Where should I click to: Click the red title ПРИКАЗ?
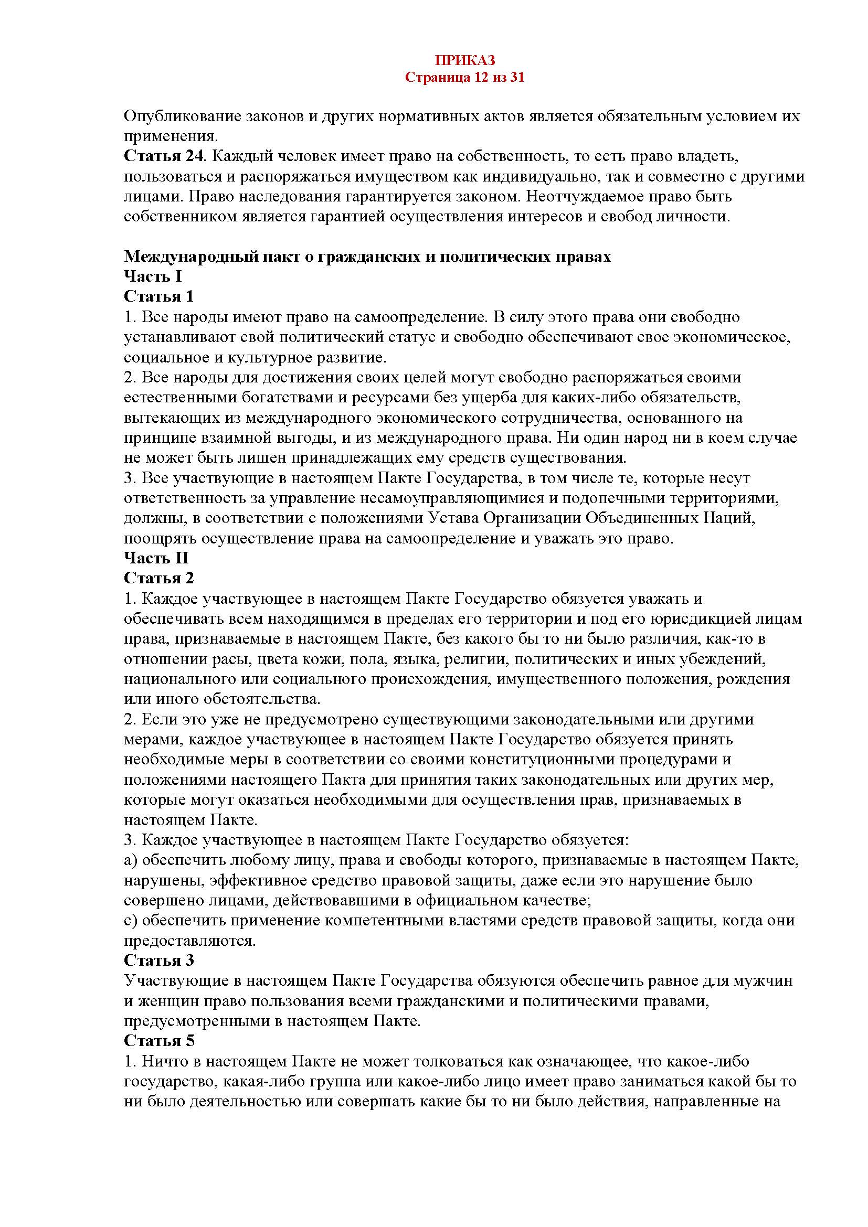[464, 59]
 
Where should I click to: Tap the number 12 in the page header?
[479, 78]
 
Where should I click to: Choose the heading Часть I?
[153, 276]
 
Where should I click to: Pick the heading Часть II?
[156, 558]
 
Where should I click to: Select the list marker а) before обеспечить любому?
[131, 860]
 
